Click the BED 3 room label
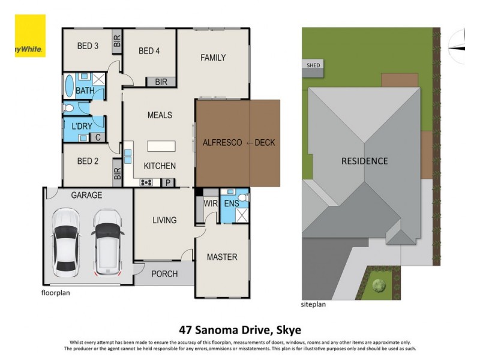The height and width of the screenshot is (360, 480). point(88,46)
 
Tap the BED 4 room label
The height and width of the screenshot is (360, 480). point(149,51)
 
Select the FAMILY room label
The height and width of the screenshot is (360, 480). point(213,58)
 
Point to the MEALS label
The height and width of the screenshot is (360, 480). point(160,115)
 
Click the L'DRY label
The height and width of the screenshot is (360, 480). point(81,127)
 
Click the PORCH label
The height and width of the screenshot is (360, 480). point(164,274)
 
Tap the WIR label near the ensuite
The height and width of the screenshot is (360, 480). point(210,203)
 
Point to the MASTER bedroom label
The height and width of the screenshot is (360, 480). point(222,257)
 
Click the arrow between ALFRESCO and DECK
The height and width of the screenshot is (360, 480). point(248,143)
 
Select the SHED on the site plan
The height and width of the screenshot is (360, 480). point(313,65)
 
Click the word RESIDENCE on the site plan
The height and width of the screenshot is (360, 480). point(364,161)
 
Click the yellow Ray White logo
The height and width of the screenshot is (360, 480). point(29,36)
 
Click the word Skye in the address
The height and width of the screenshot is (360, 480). point(289,329)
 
